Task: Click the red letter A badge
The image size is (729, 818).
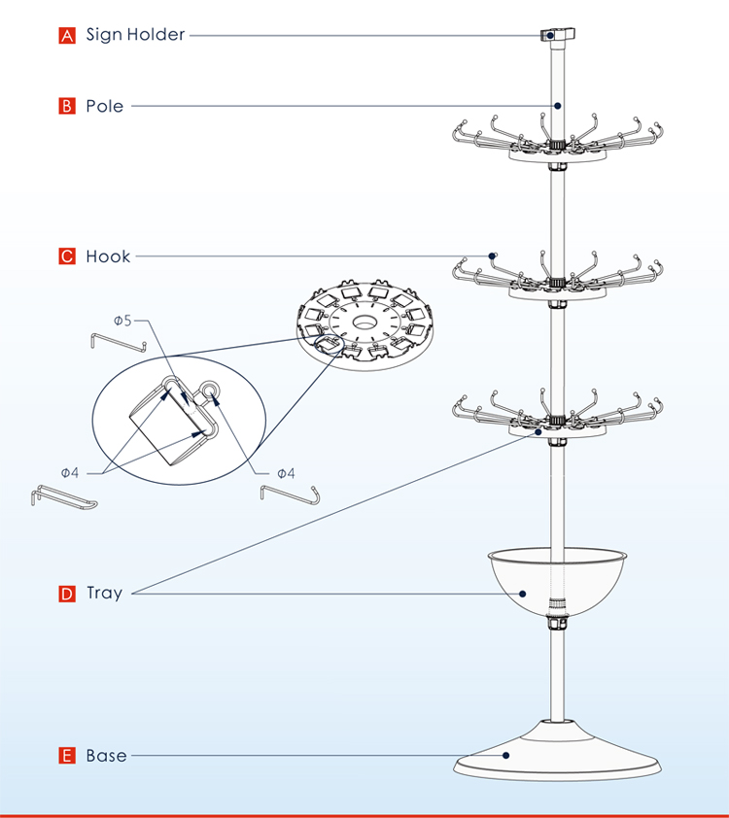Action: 67,36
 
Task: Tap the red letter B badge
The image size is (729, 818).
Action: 67,106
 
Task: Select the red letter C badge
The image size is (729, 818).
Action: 67,256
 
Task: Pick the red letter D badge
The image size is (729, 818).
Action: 67,594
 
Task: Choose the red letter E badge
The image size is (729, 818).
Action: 67,755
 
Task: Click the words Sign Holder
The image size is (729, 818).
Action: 135,35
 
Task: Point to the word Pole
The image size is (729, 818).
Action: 105,106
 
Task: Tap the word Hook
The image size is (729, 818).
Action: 108,256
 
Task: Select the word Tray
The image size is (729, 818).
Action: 105,593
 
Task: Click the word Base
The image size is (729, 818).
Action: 106,755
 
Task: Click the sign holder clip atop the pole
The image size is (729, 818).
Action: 556,35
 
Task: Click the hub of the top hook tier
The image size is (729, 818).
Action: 557,147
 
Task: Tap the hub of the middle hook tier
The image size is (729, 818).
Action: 557,283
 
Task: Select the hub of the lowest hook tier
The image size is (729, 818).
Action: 557,422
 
